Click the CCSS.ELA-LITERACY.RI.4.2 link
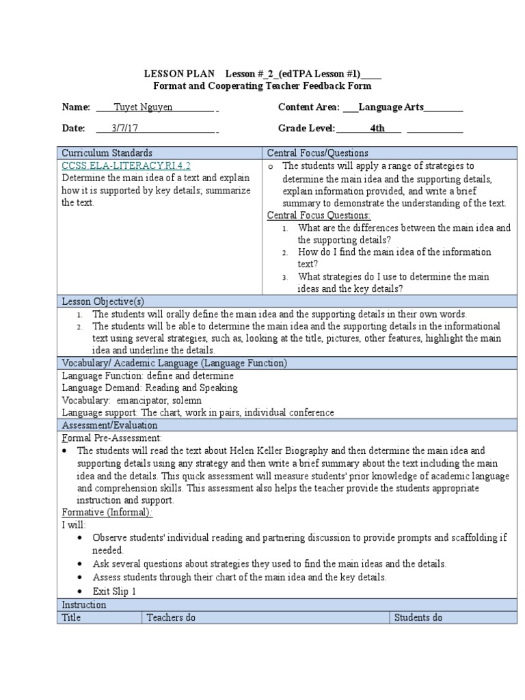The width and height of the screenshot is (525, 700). pos(126,165)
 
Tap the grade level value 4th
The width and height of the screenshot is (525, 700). pos(377,128)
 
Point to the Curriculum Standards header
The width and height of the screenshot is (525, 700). pos(107,153)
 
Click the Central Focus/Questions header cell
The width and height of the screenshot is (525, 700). pos(317,153)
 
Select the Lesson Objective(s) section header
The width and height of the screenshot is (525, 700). pos(103,301)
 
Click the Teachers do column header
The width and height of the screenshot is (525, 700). pos(171,617)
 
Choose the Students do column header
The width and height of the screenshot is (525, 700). pos(418,617)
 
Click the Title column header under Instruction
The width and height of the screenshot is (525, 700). pos(72,617)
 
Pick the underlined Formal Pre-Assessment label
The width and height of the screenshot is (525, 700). pos(112,437)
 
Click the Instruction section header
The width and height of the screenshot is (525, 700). pos(84,605)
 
